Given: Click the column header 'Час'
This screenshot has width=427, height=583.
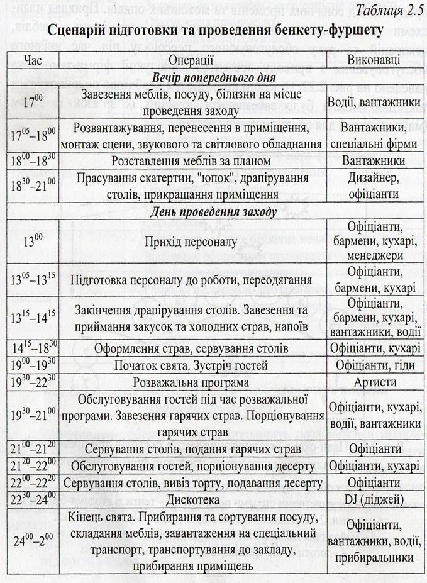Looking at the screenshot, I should (x=33, y=60).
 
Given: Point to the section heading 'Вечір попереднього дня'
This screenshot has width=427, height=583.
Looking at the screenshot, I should (x=212, y=77).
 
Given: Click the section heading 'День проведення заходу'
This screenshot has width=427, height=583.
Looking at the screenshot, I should (x=212, y=211).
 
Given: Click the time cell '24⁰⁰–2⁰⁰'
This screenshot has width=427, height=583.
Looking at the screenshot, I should (x=33, y=541).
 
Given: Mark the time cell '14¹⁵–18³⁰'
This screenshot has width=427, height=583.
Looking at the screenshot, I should (x=33, y=348).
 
